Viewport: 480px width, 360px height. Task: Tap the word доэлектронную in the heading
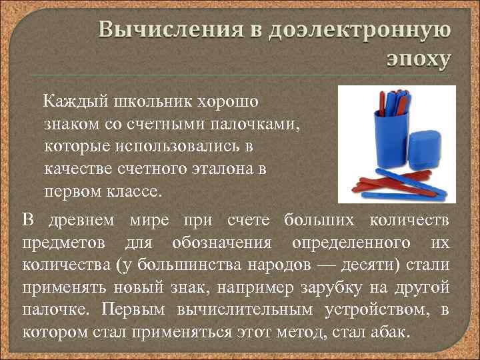359,31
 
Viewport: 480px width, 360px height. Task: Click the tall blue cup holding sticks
376,140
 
